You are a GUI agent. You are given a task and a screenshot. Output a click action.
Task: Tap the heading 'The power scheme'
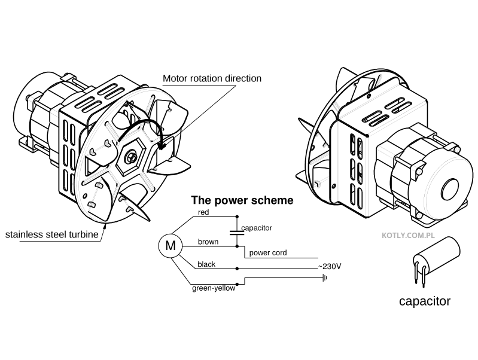point(242,200)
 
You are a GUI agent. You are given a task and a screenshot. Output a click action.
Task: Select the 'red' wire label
point(203,212)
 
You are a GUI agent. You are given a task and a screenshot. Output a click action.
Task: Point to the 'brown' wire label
point(207,242)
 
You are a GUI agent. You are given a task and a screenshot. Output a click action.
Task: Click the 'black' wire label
point(206,264)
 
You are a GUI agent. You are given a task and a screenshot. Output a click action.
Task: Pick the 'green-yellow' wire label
point(213,288)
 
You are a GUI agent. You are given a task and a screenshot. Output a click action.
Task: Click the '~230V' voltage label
point(329,266)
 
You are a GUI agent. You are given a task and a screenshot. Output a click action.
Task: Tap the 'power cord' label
point(267,253)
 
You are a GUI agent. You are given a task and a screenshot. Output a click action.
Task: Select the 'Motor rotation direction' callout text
point(212,78)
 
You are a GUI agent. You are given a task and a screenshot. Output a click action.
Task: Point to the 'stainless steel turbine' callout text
point(51,234)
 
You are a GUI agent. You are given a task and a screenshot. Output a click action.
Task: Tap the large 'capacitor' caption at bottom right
point(424,301)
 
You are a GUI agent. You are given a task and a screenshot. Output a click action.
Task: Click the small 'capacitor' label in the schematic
point(257,228)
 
